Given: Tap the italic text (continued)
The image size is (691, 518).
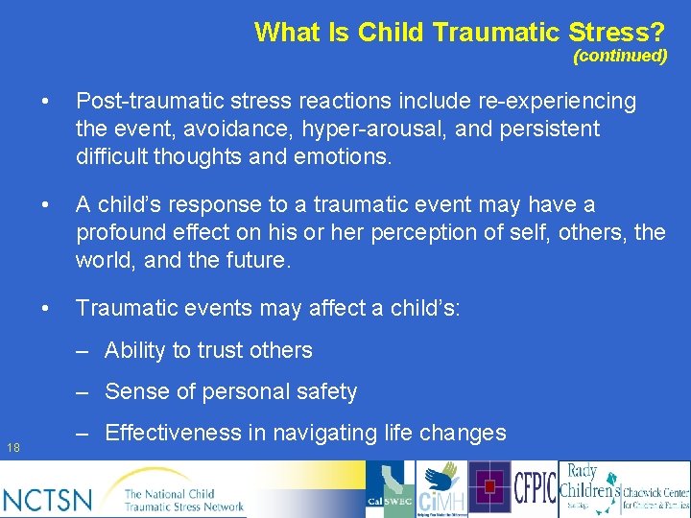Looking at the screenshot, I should point(620,56).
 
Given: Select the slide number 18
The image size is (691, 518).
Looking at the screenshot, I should point(12,447).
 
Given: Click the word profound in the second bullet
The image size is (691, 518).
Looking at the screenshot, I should point(121,232).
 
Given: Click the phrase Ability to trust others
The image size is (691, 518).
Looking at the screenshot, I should point(208,350).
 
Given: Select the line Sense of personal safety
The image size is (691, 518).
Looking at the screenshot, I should point(230,391).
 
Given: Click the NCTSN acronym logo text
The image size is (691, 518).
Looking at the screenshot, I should point(48,499).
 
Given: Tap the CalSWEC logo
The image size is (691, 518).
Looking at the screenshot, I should point(391,490).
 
